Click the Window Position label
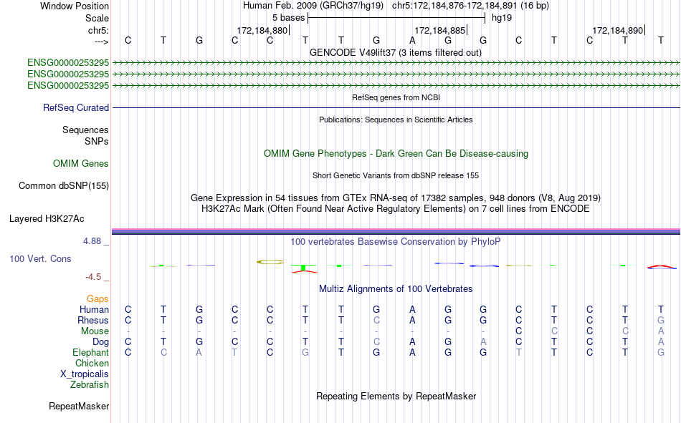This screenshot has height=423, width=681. point(75,6)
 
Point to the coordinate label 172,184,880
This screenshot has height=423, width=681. point(262,30)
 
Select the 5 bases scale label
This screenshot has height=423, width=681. point(288,18)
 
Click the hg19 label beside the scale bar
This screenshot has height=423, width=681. point(502,18)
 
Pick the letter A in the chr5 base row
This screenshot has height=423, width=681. point(412,40)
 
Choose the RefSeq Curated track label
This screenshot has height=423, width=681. point(76,107)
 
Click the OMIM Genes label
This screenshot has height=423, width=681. point(81,164)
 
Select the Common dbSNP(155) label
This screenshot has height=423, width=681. point(64,185)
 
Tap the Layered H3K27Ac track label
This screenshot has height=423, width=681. point(47,219)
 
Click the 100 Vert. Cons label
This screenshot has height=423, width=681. point(40,258)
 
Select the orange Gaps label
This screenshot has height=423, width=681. point(97,299)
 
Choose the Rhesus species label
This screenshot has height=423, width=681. point(93,320)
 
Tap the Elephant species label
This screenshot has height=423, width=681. point(91,352)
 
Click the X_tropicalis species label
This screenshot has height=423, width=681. point(85,374)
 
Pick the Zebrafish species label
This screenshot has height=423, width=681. point(90,385)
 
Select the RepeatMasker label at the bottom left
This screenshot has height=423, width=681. point(79,407)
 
